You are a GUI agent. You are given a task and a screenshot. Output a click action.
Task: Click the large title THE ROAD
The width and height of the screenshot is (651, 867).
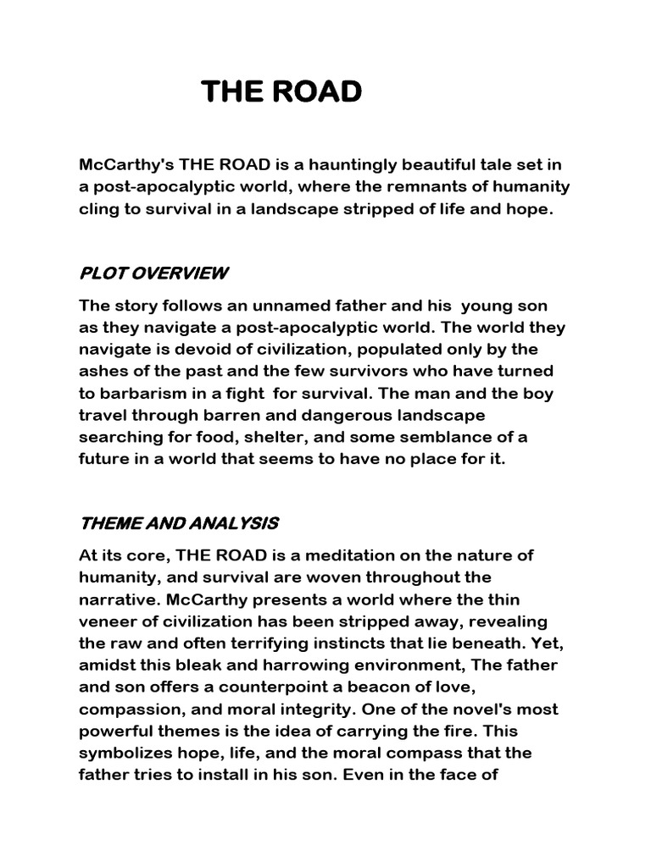point(281,91)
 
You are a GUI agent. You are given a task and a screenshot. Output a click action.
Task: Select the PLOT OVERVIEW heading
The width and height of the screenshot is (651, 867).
point(153,273)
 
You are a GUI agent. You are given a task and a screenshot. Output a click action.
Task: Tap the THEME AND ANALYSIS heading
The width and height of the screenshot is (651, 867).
point(179,524)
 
